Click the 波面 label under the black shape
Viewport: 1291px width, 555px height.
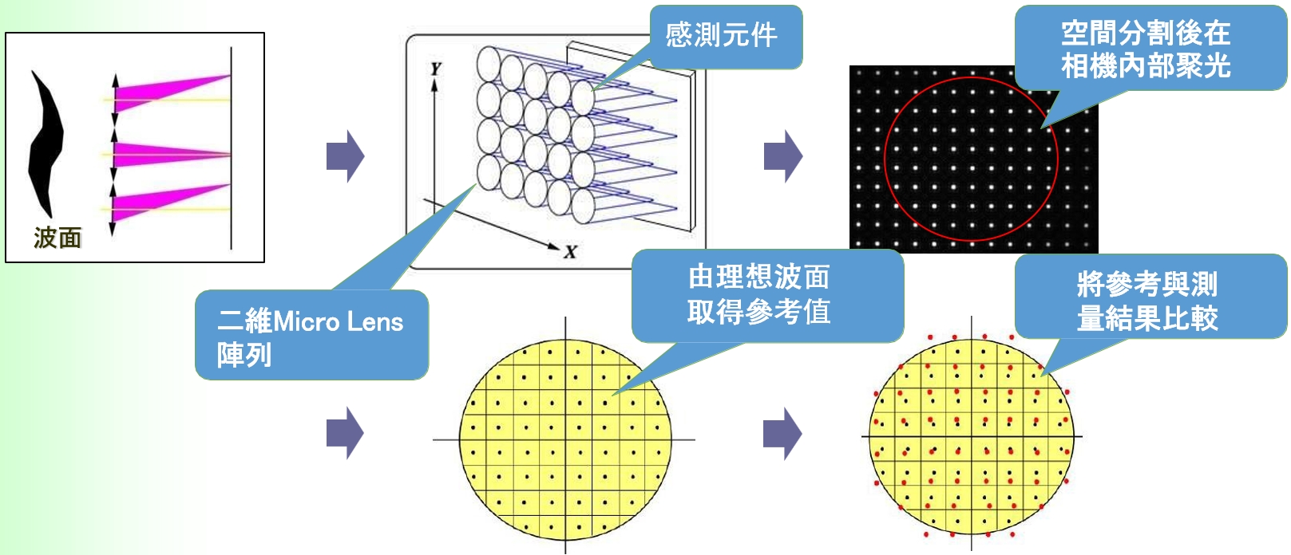pos(57,237)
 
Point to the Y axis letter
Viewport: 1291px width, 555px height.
pos(435,69)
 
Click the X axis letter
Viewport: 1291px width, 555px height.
pos(570,253)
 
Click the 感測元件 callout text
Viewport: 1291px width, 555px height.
pos(721,35)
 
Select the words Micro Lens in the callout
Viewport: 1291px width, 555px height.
pos(338,321)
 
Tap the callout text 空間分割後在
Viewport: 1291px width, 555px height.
pos(1146,33)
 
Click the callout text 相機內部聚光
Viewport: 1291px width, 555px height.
pos(1146,65)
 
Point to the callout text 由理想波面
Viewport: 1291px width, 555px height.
pos(759,277)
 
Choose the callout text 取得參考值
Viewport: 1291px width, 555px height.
pos(759,311)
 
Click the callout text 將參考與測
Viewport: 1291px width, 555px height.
pos(1146,284)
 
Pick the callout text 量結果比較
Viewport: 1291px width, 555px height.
pos(1146,318)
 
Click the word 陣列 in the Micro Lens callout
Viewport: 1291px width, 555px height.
pos(244,355)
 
